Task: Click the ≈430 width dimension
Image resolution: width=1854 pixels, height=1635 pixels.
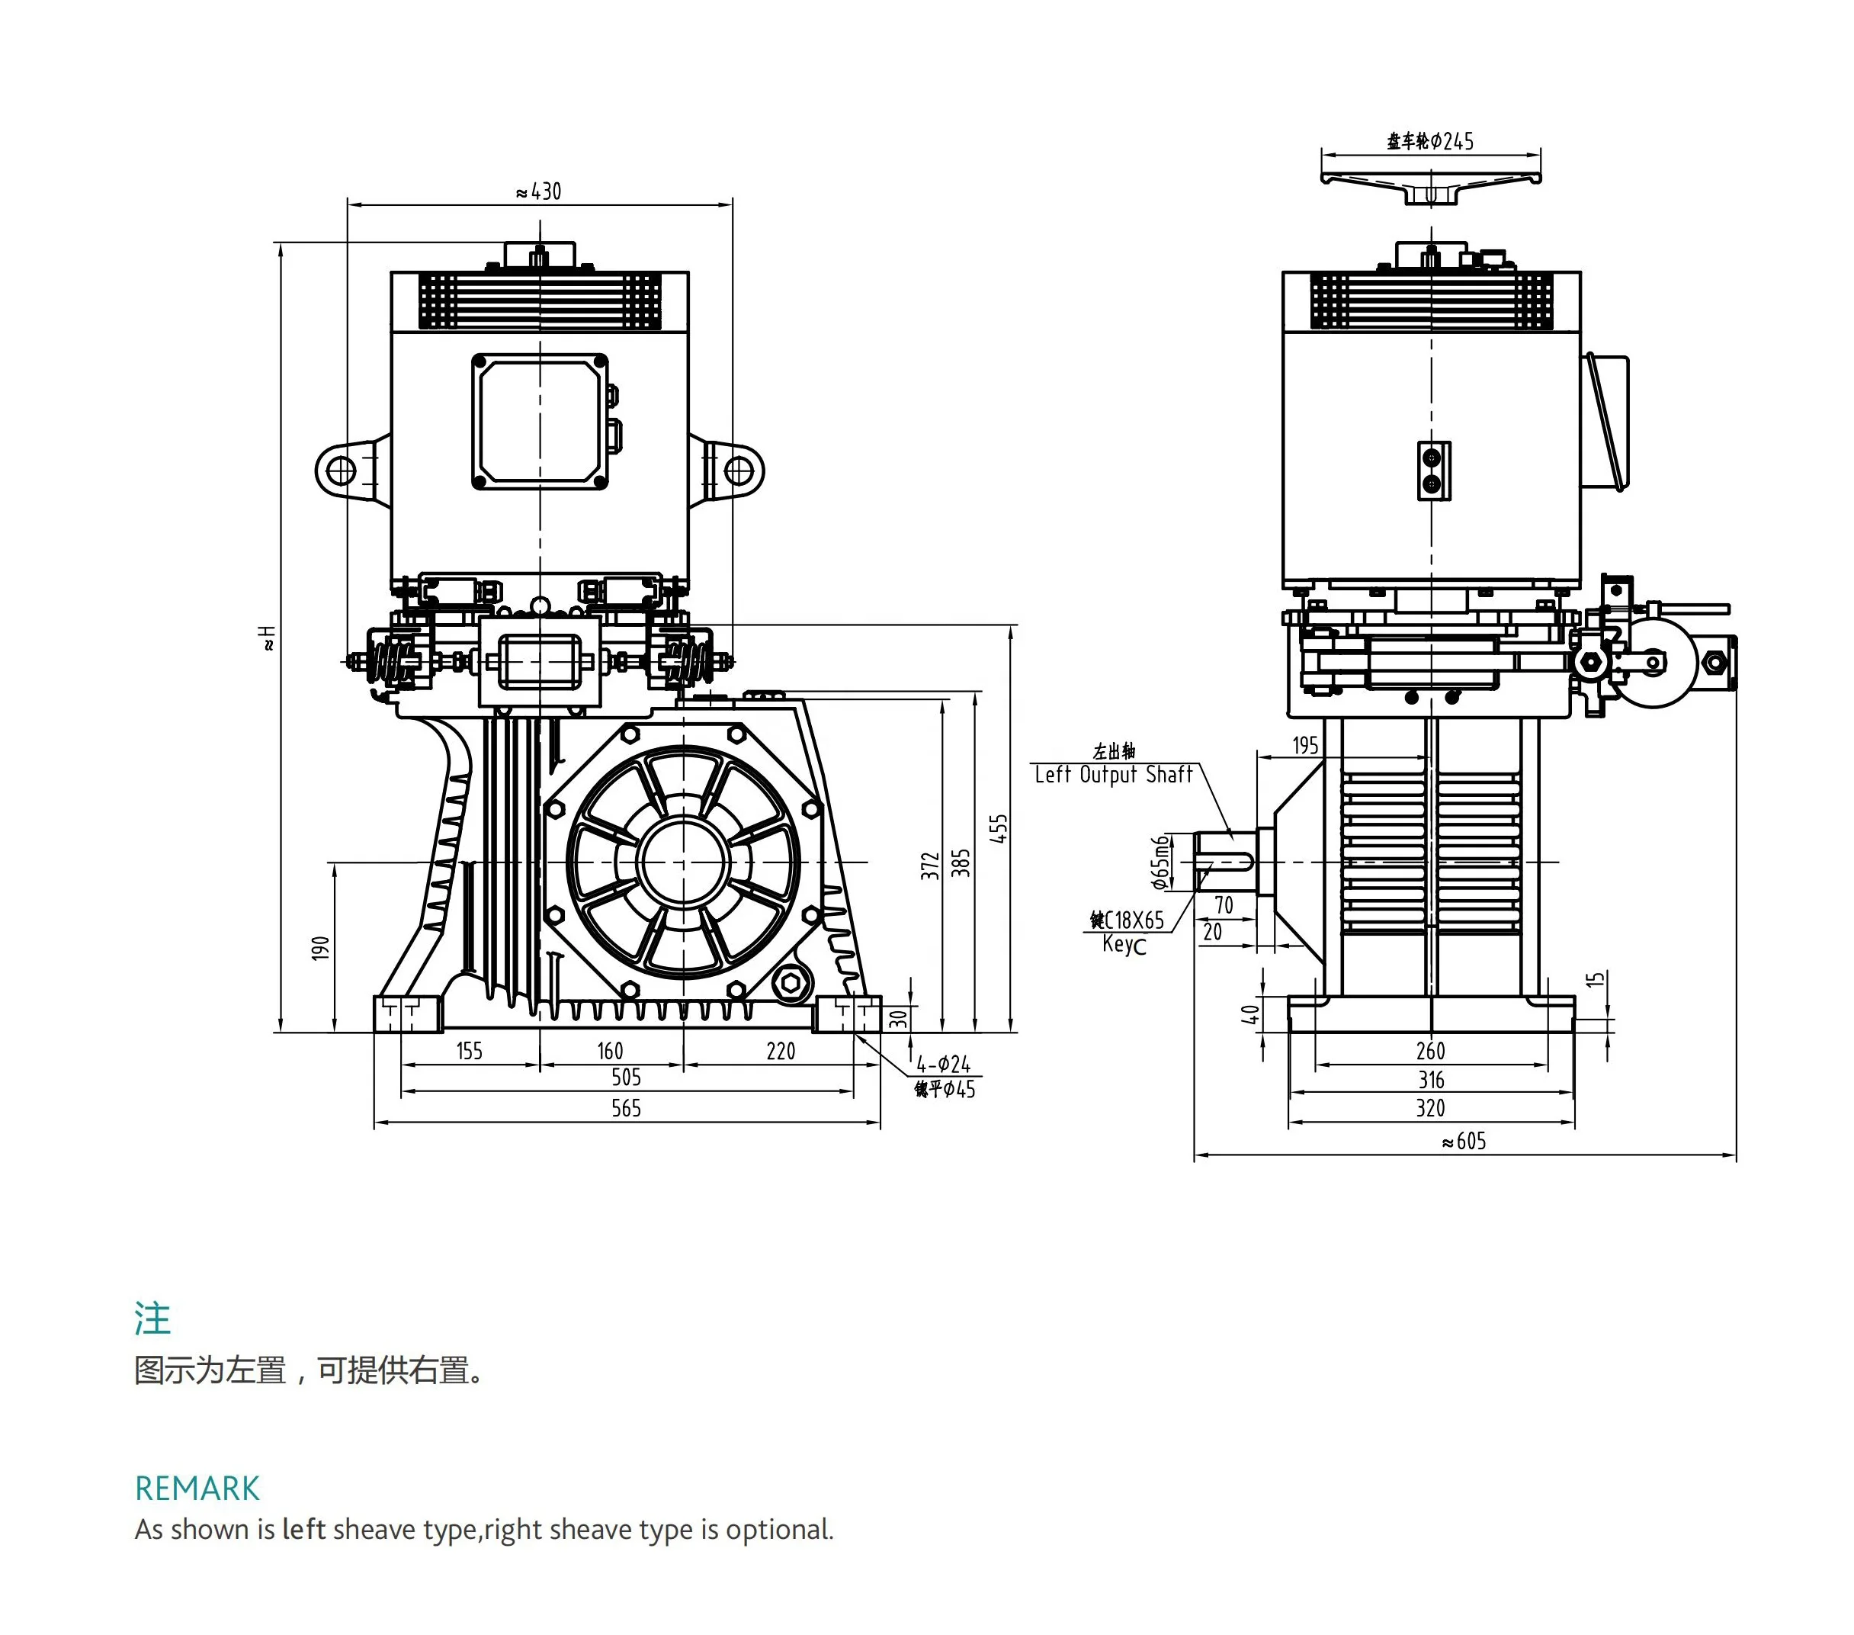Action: coord(539,191)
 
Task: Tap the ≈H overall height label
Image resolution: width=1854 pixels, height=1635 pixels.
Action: coord(268,637)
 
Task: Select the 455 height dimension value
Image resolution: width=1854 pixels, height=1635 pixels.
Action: coord(999,828)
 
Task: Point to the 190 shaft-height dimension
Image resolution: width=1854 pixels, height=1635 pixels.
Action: coord(320,947)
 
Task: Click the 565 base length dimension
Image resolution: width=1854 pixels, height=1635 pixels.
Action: coord(626,1108)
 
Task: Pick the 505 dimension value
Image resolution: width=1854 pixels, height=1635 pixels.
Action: coord(626,1077)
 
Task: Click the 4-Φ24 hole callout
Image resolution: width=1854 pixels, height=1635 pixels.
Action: coord(942,1063)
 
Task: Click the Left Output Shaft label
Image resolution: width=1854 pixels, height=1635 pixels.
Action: coord(1113,775)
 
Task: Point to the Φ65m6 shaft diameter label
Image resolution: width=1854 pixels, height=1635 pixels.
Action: coord(1160,862)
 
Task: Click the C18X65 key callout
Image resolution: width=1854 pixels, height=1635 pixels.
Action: coord(1127,920)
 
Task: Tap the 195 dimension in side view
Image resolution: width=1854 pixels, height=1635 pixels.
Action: coord(1305,745)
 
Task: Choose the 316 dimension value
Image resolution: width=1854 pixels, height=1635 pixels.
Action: coord(1432,1080)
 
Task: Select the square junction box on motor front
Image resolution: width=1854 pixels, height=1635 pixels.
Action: coord(540,422)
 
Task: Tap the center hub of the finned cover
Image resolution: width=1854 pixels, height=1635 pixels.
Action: coord(683,862)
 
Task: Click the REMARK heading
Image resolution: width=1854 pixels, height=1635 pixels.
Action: coord(197,1489)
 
